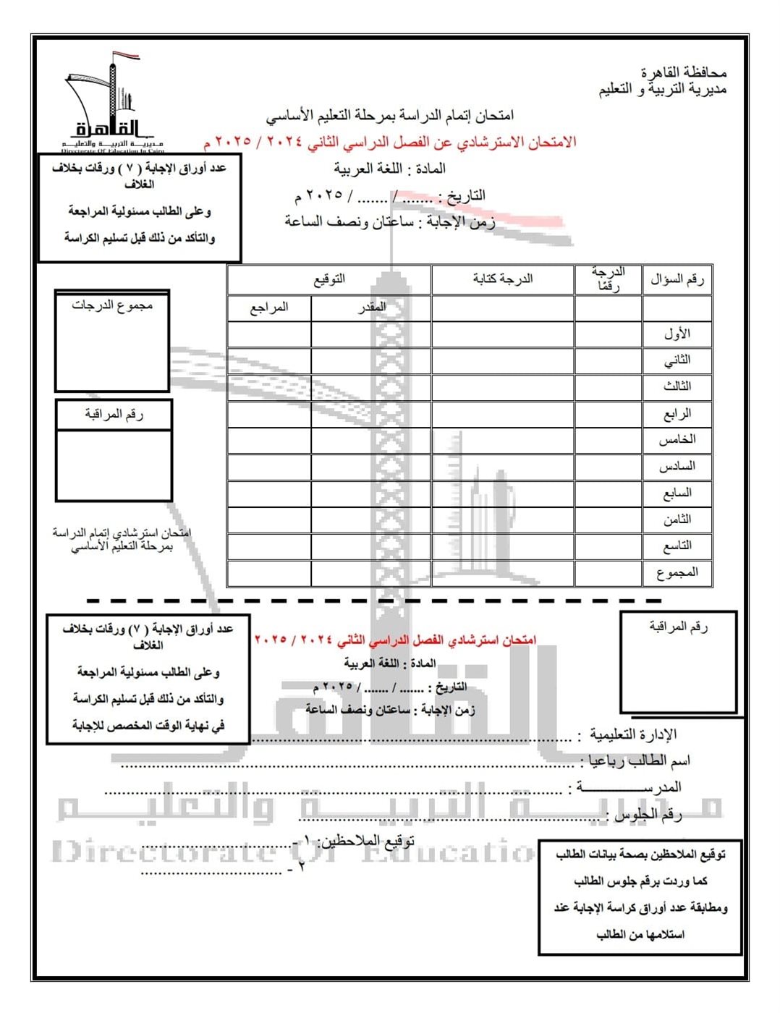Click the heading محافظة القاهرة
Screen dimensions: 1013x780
click(683, 73)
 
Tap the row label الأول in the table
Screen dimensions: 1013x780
click(677, 334)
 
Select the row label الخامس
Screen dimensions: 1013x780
click(677, 440)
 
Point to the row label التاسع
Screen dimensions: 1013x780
click(677, 546)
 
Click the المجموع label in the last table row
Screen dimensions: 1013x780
click(677, 573)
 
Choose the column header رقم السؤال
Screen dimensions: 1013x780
click(677, 279)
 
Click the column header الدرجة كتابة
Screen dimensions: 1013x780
click(503, 279)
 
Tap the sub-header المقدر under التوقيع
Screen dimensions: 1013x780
click(372, 308)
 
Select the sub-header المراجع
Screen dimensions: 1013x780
click(269, 308)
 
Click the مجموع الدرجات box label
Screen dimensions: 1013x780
click(112, 305)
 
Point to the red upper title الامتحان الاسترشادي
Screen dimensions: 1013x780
click(391, 142)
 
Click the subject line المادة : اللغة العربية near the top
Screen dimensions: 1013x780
click(389, 169)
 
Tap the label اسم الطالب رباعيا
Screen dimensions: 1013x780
click(639, 760)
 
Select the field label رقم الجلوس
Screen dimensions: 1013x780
click(648, 815)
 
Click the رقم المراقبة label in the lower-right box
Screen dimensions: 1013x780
click(678, 627)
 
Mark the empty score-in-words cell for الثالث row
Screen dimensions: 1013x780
click(503, 387)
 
